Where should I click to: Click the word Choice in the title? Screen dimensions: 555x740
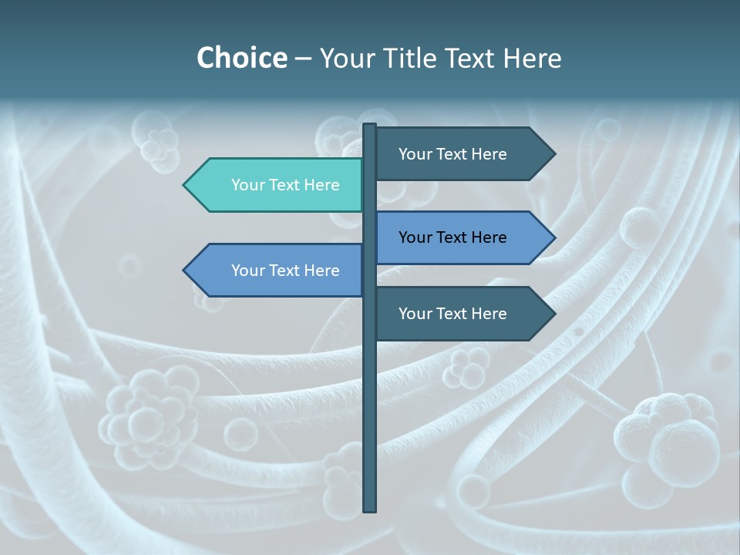(241, 58)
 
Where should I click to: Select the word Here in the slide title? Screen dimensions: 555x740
(532, 59)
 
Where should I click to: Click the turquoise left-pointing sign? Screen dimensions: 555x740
(277, 185)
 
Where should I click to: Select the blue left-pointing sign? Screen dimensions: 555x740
(277, 271)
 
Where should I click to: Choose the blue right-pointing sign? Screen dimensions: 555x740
(459, 237)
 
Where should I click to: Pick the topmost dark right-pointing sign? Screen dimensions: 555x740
(459, 154)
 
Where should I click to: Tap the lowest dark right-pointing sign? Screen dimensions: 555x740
(459, 314)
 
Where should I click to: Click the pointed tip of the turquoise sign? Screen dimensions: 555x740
(185, 185)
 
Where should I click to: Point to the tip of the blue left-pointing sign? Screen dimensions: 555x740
(185, 271)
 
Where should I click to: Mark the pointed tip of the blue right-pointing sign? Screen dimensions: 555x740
(553, 237)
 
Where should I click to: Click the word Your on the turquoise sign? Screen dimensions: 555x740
(247, 185)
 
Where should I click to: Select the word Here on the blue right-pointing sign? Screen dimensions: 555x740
(489, 237)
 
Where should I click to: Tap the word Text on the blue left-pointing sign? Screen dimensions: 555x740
(285, 271)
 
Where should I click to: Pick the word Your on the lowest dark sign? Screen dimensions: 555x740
(415, 314)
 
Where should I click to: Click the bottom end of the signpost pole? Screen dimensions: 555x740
(370, 509)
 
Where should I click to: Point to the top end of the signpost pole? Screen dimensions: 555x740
(370, 126)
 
